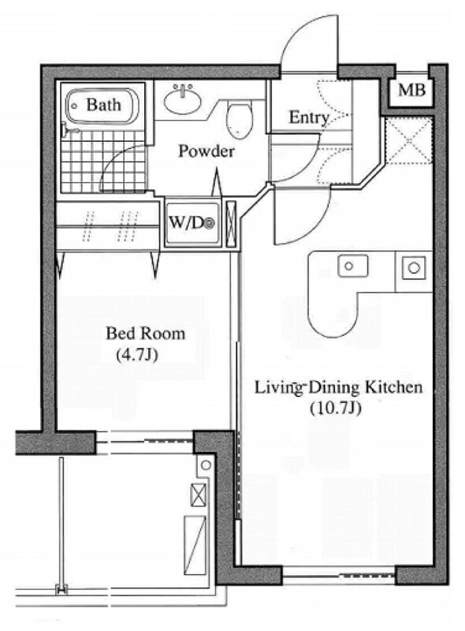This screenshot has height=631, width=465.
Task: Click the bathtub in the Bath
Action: (x=102, y=106)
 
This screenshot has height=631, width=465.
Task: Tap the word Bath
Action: (x=103, y=105)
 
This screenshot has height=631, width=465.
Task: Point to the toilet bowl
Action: (x=240, y=118)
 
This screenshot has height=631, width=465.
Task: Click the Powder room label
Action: (x=206, y=151)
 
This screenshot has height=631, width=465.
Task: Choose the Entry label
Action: (x=309, y=118)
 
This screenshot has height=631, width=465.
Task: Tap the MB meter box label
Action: (x=412, y=90)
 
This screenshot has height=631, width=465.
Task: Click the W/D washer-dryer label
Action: (x=192, y=223)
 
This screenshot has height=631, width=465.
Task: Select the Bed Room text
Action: (x=146, y=334)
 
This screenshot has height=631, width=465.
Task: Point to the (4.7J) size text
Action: (x=136, y=355)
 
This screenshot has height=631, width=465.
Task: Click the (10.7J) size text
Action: (x=336, y=409)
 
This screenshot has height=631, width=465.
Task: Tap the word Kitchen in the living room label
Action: (x=393, y=387)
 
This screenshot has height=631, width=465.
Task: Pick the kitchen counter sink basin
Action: (x=353, y=266)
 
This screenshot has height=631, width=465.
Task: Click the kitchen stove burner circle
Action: (x=414, y=267)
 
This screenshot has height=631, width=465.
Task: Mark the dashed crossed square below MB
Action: (x=408, y=140)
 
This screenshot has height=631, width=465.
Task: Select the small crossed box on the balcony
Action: (x=199, y=495)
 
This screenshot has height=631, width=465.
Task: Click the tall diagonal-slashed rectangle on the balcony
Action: (x=195, y=545)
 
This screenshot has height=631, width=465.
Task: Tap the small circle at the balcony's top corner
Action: (x=206, y=465)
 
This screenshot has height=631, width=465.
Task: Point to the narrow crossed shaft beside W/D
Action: (x=231, y=223)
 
